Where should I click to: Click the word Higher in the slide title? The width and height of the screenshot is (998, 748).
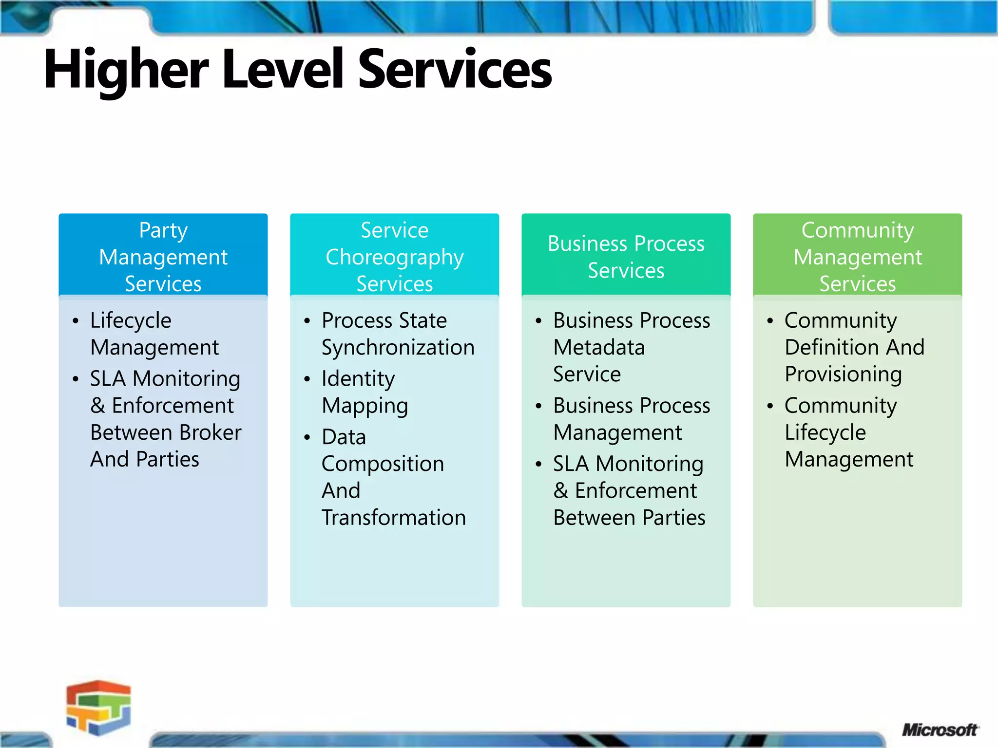point(127,70)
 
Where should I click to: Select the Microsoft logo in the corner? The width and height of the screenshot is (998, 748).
point(940,729)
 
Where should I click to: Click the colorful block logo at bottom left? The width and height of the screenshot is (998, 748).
point(99,707)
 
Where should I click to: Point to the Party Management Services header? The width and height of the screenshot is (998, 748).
point(163,257)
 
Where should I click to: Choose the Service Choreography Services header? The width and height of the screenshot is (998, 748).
point(394,257)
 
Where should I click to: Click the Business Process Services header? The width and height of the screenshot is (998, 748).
point(626,257)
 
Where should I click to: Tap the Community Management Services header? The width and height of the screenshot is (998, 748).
point(857,257)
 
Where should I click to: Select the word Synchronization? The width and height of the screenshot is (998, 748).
point(398,348)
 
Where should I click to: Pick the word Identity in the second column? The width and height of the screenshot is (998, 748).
point(358,379)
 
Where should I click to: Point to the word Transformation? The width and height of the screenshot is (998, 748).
point(394,517)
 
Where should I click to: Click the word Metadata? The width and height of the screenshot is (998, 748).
point(599,348)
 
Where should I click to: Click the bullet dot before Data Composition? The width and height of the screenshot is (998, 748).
point(307,437)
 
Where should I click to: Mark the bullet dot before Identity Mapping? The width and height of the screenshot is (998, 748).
point(307,379)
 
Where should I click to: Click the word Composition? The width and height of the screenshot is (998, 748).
point(383,464)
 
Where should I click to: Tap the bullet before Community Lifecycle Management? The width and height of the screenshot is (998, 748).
point(770,406)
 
